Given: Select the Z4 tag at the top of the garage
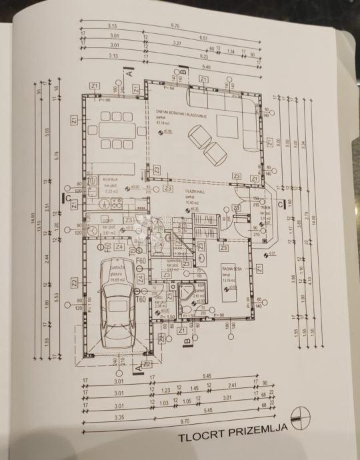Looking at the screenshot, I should click(x=119, y=247).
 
